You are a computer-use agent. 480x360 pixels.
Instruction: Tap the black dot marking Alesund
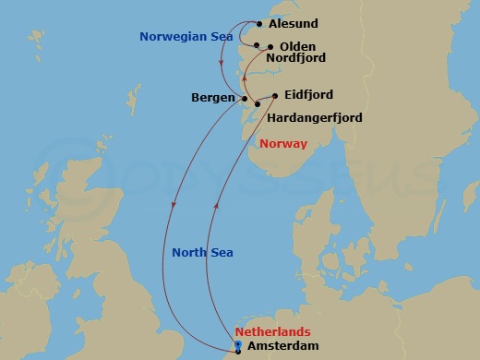coord(259,24)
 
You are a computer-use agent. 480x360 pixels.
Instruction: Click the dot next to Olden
coord(270,46)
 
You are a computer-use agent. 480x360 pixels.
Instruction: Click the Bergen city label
coord(212,96)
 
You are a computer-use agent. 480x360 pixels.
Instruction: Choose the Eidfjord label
coord(309,94)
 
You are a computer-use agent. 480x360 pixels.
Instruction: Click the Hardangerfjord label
coord(314,118)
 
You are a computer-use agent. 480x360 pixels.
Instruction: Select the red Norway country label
coord(283,143)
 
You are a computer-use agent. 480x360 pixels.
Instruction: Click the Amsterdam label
coord(282,345)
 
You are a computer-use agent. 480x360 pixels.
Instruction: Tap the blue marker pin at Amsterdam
coord(238,346)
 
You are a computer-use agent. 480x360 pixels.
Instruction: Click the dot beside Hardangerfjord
coord(258,114)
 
